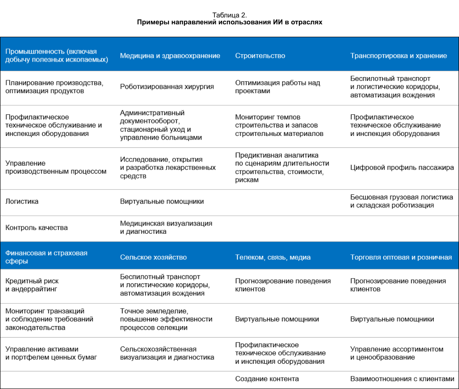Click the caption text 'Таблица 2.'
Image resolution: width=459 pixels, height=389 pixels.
tap(229, 15)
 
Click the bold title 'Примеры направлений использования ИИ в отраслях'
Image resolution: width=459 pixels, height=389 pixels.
tap(229, 22)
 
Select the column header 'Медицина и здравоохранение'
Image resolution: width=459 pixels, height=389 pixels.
tap(170, 56)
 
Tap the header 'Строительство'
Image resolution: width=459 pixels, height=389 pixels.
tap(260, 56)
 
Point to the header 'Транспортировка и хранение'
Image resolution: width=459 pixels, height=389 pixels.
tap(398, 56)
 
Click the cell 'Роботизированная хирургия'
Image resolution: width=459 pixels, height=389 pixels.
tap(167, 86)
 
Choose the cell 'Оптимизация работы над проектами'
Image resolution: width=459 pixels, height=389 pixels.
tap(278, 87)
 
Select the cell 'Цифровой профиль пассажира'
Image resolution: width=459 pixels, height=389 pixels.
tap(402, 167)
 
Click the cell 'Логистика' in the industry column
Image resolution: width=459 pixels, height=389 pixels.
tap(22, 201)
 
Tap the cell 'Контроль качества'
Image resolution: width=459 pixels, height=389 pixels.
tap(37, 227)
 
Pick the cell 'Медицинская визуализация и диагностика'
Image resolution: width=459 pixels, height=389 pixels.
tap(166, 227)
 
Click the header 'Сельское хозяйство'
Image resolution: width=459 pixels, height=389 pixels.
tap(153, 257)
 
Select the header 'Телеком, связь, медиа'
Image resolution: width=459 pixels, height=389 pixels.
tap(273, 257)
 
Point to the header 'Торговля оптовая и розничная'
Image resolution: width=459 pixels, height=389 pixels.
tap(401, 257)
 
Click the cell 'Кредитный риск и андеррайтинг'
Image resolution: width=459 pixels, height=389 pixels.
tap(32, 285)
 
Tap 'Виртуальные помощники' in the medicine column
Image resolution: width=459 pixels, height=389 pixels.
tap(162, 201)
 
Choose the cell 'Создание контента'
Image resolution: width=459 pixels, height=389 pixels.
tap(267, 379)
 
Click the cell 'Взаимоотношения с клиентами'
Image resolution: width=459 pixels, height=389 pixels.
tap(402, 379)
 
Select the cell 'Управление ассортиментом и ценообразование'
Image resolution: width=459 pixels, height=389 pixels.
tap(397, 353)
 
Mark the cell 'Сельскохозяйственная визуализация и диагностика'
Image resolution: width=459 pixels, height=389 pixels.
tap(167, 353)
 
